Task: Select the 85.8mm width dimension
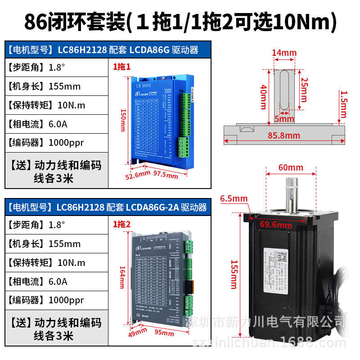tap(284, 135)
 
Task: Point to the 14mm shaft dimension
tap(284, 53)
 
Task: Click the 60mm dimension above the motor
tap(291, 167)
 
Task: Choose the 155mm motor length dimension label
tap(234, 274)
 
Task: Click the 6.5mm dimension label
tap(234, 198)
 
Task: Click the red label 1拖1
tap(121, 67)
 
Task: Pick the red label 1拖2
tap(121, 224)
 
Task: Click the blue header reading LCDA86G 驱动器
tap(108, 49)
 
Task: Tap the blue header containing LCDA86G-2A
tap(108, 207)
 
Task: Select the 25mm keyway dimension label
tap(305, 90)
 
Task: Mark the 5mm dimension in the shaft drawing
tap(283, 119)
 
